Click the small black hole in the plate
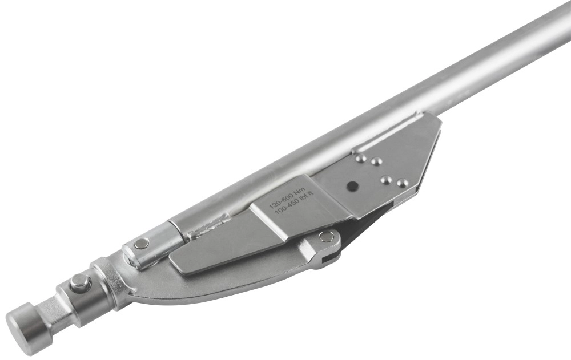point(352,185)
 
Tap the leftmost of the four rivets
point(360,158)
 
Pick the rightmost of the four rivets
point(401,182)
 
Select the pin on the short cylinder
point(140,244)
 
